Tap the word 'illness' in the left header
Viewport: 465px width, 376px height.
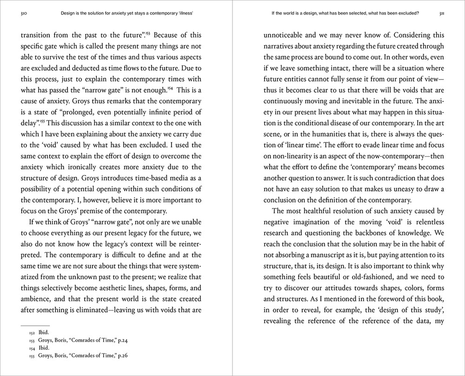click(183, 13)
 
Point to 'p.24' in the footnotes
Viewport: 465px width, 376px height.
click(121, 341)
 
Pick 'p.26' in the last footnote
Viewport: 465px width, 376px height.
click(121, 356)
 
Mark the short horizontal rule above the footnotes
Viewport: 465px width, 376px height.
click(35, 325)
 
